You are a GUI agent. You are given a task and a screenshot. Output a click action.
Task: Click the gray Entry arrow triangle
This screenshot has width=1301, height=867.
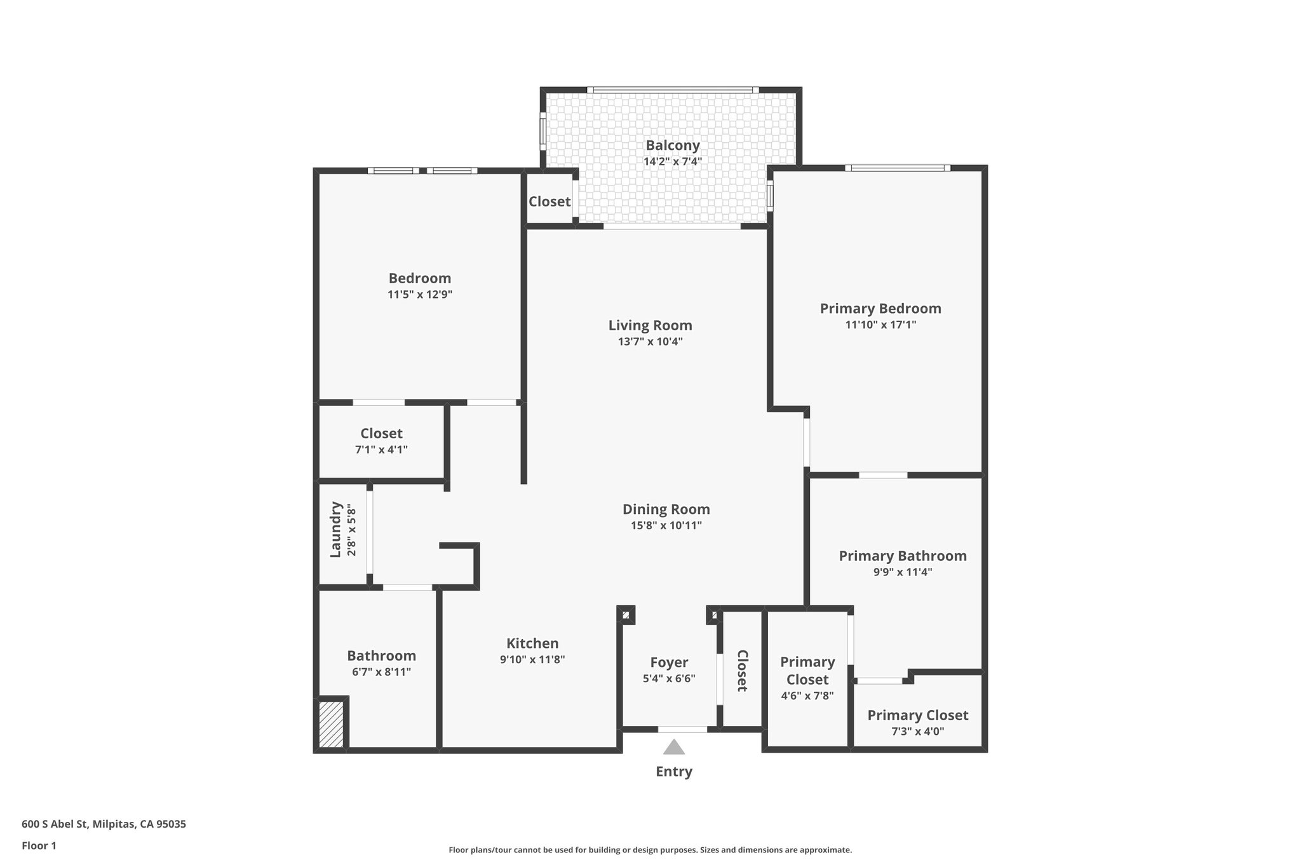tap(673, 747)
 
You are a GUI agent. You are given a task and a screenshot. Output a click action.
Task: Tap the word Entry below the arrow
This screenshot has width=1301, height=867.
tap(673, 772)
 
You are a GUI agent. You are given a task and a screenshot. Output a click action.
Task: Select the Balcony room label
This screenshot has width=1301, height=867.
tap(672, 145)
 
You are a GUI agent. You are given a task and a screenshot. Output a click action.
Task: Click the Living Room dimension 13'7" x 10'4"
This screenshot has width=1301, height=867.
tap(650, 342)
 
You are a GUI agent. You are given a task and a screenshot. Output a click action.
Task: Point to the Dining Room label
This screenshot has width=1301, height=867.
tap(666, 509)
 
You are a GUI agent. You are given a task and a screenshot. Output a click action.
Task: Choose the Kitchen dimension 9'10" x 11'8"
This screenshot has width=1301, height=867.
tap(532, 660)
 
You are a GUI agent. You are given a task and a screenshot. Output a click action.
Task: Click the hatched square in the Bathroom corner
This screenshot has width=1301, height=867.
tap(331, 724)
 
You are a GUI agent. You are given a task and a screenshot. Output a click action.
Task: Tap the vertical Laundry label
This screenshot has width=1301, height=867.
tap(336, 530)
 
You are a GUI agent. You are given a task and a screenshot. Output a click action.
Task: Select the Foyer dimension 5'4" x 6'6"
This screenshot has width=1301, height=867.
tap(669, 678)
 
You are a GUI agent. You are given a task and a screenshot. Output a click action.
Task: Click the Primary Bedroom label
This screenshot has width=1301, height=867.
tap(880, 309)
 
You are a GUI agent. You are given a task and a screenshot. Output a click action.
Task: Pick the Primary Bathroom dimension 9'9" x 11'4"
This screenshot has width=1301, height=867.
tap(902, 572)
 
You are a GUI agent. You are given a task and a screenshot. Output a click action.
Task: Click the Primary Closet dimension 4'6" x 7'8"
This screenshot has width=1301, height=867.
tap(807, 696)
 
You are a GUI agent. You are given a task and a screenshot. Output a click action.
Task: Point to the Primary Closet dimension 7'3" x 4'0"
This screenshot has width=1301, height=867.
tap(917, 732)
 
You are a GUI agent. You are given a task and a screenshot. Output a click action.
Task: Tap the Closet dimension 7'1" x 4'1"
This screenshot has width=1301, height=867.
tap(381, 450)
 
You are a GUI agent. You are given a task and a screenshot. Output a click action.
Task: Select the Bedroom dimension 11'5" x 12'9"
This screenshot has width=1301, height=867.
tap(419, 295)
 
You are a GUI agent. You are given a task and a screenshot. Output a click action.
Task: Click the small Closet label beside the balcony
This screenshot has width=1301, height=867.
tap(549, 201)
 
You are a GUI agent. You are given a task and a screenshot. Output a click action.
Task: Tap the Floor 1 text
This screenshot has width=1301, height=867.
tap(39, 846)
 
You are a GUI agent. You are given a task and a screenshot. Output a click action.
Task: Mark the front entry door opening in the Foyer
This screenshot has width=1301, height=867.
tap(682, 730)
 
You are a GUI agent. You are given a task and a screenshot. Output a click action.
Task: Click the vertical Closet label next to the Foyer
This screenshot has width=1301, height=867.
tap(741, 671)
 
